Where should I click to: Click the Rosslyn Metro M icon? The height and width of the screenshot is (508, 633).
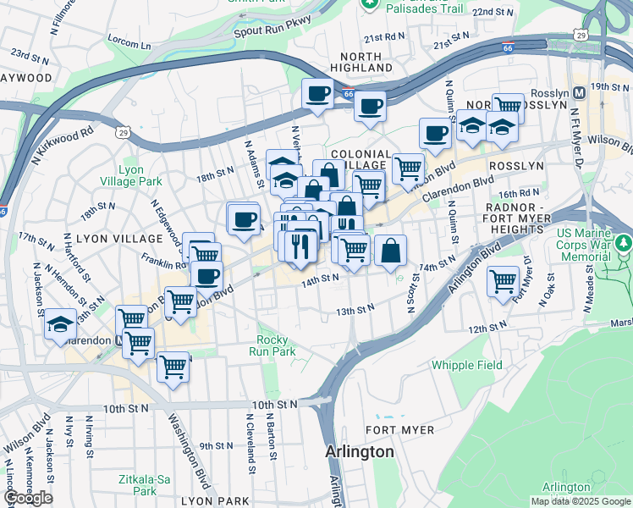pos(580,91)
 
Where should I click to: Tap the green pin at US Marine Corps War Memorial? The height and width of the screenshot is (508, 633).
pos(624,246)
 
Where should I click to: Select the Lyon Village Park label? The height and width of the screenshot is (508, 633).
pos(140,175)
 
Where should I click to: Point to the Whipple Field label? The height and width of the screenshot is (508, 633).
pos(466,365)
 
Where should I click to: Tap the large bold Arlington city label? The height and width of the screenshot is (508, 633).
pos(360,452)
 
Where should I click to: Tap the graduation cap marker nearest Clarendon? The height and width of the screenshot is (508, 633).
pos(61,323)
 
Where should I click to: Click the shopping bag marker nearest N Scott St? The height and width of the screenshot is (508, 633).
pos(390,250)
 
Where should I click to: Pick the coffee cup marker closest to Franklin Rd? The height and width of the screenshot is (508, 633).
pos(206,274)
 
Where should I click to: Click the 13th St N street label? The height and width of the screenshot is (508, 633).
pos(355,311)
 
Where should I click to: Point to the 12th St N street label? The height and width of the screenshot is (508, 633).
pos(487,328)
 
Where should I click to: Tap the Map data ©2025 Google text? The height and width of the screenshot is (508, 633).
pos(580,501)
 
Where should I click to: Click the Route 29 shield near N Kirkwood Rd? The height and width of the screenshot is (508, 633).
pos(124,133)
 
